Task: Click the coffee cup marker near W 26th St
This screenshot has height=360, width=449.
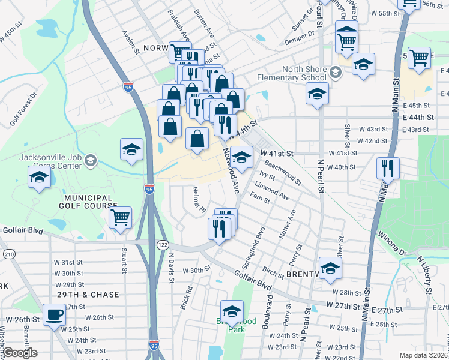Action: (54, 315)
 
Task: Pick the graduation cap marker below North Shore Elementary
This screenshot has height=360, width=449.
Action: (317, 94)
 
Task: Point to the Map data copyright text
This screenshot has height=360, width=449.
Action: (424, 354)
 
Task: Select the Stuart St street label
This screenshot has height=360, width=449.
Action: (124, 257)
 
